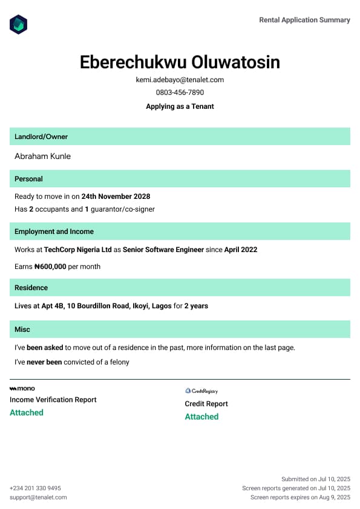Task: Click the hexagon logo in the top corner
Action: (19, 24)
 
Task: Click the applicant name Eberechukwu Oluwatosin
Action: (180, 62)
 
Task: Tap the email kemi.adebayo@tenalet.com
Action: (180, 80)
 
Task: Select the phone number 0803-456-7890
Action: (180, 92)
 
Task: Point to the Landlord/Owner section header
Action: (41, 137)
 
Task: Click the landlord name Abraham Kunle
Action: (42, 156)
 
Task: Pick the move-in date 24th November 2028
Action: (116, 196)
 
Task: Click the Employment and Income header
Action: (54, 232)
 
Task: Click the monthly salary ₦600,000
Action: (50, 267)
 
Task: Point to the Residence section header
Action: (31, 288)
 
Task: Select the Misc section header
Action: (22, 329)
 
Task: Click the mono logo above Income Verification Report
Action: (22, 388)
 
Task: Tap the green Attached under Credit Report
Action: (201, 417)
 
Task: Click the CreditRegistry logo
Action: (201, 391)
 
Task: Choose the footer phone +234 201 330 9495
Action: (35, 488)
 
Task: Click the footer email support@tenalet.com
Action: (38, 497)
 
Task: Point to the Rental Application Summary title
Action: (304, 20)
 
